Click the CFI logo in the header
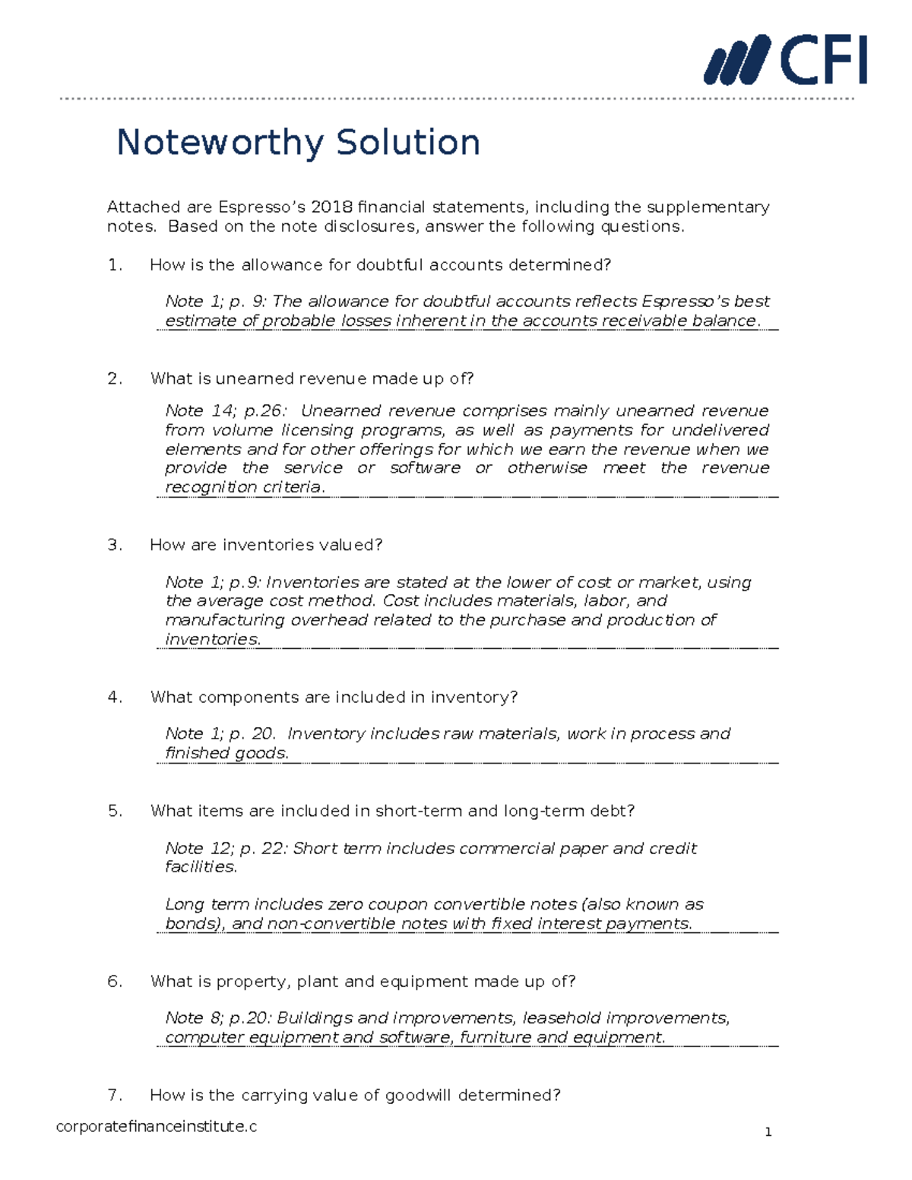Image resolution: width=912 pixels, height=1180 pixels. coord(786,60)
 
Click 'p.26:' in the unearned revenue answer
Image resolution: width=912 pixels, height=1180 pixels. coord(265,411)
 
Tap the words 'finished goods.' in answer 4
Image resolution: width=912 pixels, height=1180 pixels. coord(226,753)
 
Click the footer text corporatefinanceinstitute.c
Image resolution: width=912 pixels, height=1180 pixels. coord(157,1126)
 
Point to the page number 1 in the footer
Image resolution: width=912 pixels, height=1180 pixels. coord(768,1132)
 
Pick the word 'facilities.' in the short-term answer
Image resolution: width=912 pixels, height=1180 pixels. coord(201,867)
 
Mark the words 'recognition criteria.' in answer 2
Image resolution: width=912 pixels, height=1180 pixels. coord(245,487)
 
